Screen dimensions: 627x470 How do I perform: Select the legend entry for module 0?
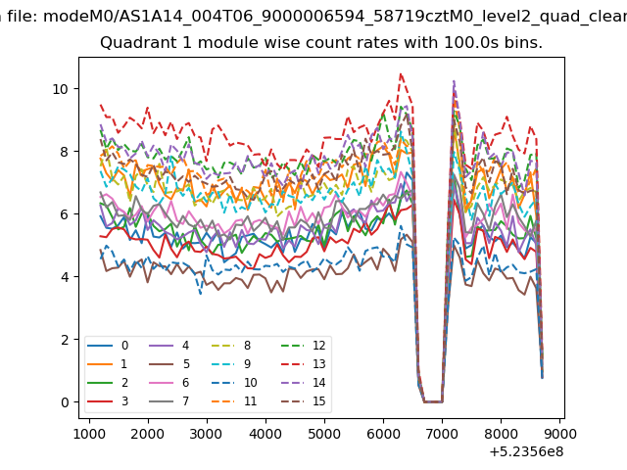pos(108,346)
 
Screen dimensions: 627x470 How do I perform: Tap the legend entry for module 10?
pos(234,383)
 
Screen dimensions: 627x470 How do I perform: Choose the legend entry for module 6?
pos(169,383)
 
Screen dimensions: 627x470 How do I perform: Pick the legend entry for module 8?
pos(231,346)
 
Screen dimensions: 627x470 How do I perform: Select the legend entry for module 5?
pos(169,363)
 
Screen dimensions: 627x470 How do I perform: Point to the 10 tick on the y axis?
pos(61,89)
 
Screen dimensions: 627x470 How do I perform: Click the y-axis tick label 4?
pos(65,276)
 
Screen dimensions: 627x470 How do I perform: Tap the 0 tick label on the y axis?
pos(65,402)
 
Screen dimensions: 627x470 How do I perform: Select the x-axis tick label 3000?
pos(207,434)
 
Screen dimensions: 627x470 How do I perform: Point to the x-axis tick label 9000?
pos(559,434)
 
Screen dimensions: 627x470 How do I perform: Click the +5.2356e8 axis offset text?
pos(526,451)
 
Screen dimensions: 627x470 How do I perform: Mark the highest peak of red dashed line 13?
pos(401,73)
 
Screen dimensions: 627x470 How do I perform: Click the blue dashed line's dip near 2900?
pos(200,294)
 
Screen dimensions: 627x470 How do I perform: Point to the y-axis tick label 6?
pos(65,214)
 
